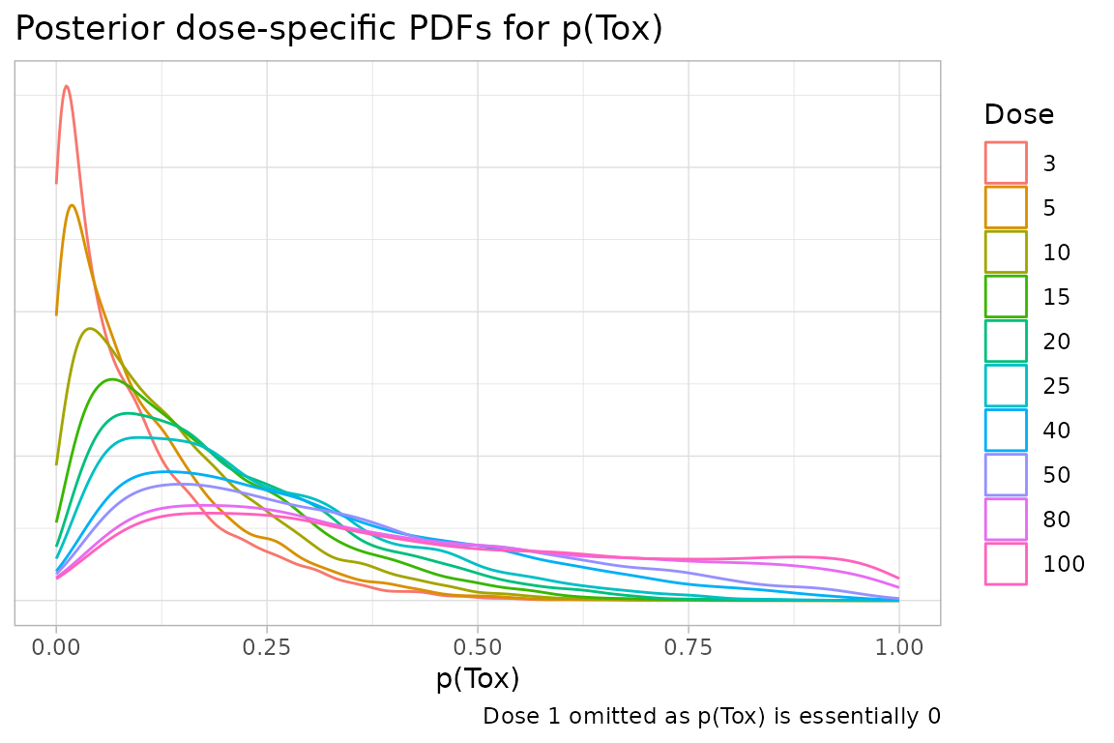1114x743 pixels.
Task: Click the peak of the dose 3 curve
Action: tap(66, 86)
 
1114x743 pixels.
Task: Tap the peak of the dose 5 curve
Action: tap(72, 204)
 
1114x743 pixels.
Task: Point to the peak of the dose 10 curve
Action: tap(89, 328)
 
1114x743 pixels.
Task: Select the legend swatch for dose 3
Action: tap(1006, 163)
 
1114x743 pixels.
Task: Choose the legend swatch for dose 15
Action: tap(1006, 296)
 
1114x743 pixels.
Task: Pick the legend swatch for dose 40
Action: tap(1006, 430)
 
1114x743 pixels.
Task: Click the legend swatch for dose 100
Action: tap(1006, 563)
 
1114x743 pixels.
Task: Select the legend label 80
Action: tap(1056, 520)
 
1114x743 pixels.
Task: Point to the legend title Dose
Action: tap(1018, 115)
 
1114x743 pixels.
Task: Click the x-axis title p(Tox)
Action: tap(478, 679)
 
